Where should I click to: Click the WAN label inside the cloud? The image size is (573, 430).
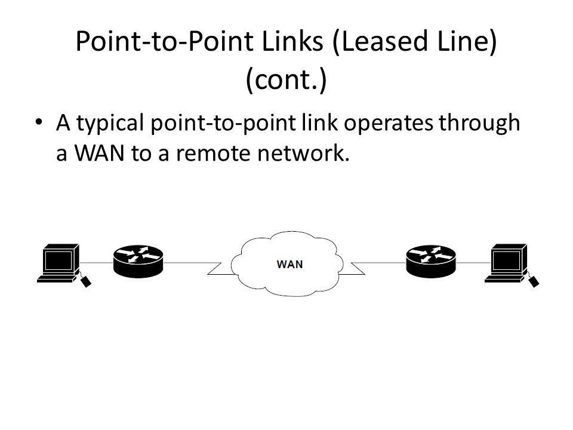(x=289, y=264)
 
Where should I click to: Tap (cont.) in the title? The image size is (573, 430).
(x=286, y=79)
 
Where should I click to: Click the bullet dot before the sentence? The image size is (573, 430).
(x=39, y=122)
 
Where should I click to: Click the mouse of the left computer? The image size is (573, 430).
(x=86, y=281)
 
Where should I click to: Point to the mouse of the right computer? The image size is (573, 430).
(x=534, y=280)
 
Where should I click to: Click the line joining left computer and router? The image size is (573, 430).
(x=96, y=262)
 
